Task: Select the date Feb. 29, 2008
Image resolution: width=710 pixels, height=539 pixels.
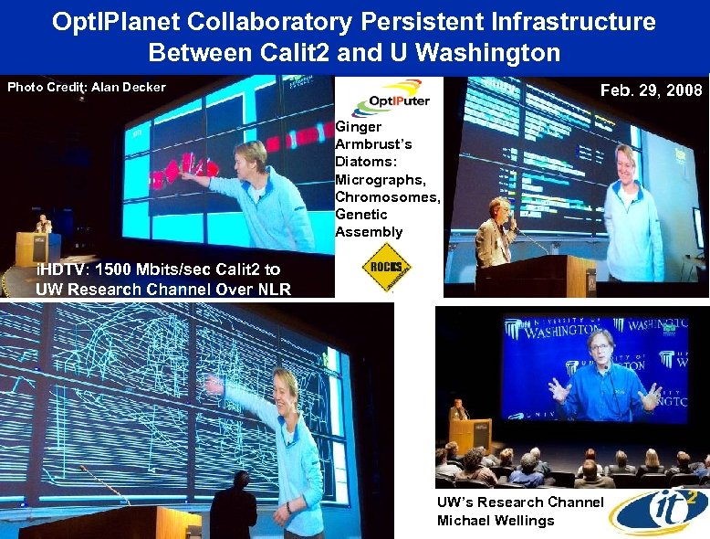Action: [x=651, y=90]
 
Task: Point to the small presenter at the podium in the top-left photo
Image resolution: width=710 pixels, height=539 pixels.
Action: [x=42, y=225]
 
